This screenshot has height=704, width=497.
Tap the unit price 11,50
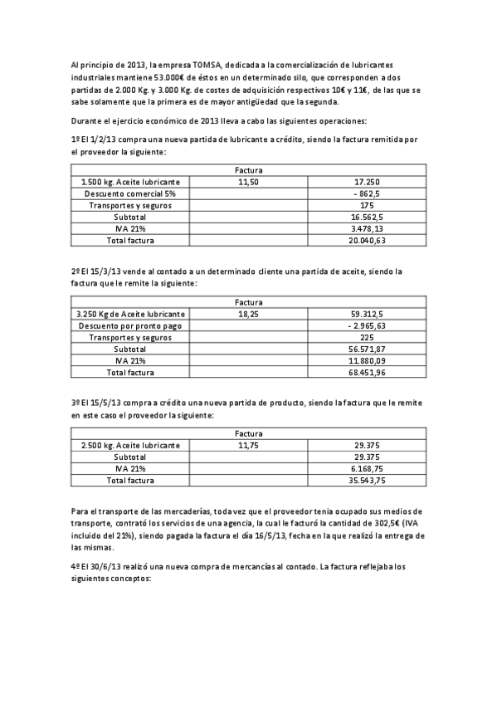click(x=249, y=181)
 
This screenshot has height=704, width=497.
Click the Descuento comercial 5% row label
click(x=130, y=193)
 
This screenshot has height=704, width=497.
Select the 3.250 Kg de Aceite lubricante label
click(x=130, y=314)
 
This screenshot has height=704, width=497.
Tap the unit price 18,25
click(x=249, y=314)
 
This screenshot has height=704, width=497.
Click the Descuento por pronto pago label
click(x=130, y=325)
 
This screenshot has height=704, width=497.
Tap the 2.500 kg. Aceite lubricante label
click(x=130, y=445)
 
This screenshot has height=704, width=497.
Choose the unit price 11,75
click(x=249, y=445)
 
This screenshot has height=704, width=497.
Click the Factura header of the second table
click(x=249, y=302)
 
